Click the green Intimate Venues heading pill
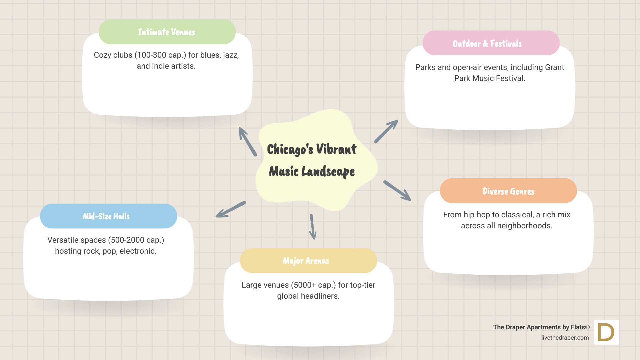click(x=167, y=32)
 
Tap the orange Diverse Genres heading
click(x=508, y=191)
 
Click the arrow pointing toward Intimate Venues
click(x=248, y=142)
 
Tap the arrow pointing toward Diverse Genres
click(x=397, y=191)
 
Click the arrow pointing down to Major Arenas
click(x=312, y=227)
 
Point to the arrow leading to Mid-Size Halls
click(x=231, y=209)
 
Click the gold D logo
click(x=606, y=332)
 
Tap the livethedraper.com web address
click(x=565, y=338)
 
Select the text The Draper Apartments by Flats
click(x=541, y=327)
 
